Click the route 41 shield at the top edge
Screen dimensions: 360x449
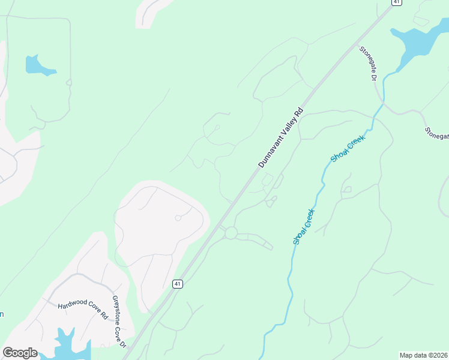(396, 2)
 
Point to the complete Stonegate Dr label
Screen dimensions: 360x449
(368, 64)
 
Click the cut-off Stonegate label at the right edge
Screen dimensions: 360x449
(437, 133)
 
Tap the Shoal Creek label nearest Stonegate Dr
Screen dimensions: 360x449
(348, 148)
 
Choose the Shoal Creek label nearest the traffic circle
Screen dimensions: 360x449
(304, 226)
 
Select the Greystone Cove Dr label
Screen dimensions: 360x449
(119, 322)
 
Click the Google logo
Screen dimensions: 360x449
(20, 353)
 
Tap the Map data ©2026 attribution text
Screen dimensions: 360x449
(423, 355)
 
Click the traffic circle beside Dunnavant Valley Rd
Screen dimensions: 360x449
(231, 233)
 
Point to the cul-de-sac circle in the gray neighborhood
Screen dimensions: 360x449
(178, 218)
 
